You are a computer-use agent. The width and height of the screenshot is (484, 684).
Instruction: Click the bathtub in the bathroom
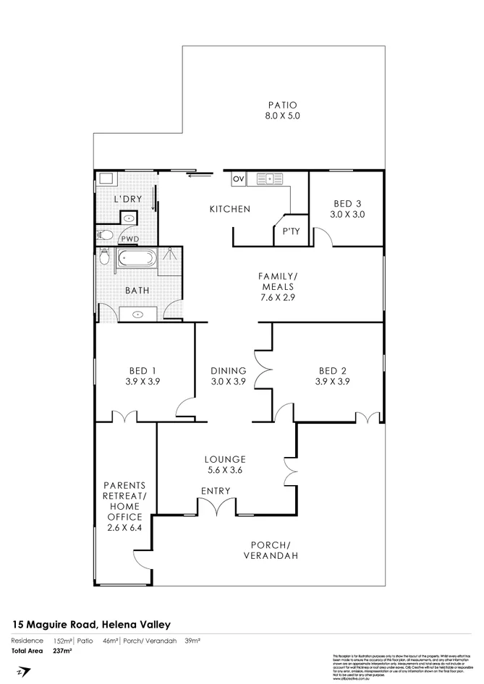tap(137, 258)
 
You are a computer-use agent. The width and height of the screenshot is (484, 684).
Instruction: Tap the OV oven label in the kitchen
tap(238, 178)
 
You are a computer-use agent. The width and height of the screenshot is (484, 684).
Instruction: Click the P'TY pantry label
tap(290, 231)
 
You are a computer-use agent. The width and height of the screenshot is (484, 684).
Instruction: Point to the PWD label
tap(130, 239)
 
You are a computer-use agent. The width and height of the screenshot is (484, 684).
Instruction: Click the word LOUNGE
tap(226, 459)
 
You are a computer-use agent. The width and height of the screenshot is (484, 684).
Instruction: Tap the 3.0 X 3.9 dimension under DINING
tap(229, 382)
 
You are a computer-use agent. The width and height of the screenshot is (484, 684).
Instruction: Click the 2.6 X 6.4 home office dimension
tap(125, 528)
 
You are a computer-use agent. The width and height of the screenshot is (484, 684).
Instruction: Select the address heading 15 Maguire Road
tap(90, 623)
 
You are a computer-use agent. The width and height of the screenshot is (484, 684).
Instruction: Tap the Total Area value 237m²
tap(64, 650)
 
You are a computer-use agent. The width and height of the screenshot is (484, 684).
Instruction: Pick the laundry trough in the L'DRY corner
tap(106, 179)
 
